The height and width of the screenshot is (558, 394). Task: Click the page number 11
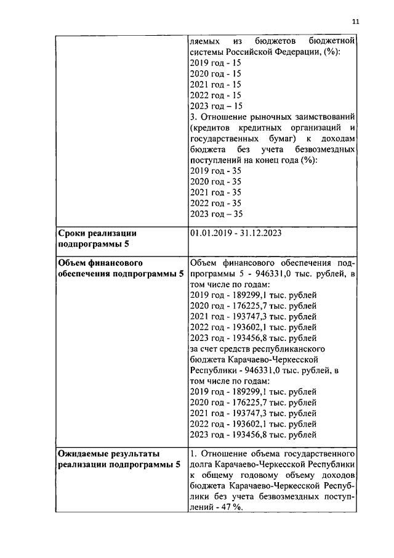click(355, 22)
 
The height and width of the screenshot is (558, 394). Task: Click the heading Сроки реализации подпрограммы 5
click(96, 239)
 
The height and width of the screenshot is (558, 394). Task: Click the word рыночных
click(260, 117)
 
